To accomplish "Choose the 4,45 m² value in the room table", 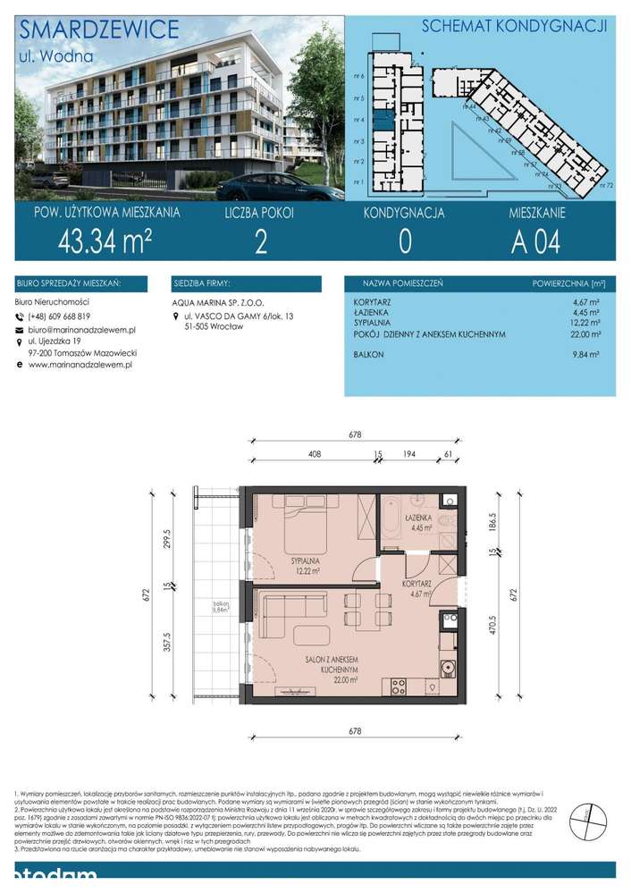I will click(585, 313).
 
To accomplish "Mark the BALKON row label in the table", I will click(369, 355).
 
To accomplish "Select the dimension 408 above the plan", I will click(314, 455).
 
